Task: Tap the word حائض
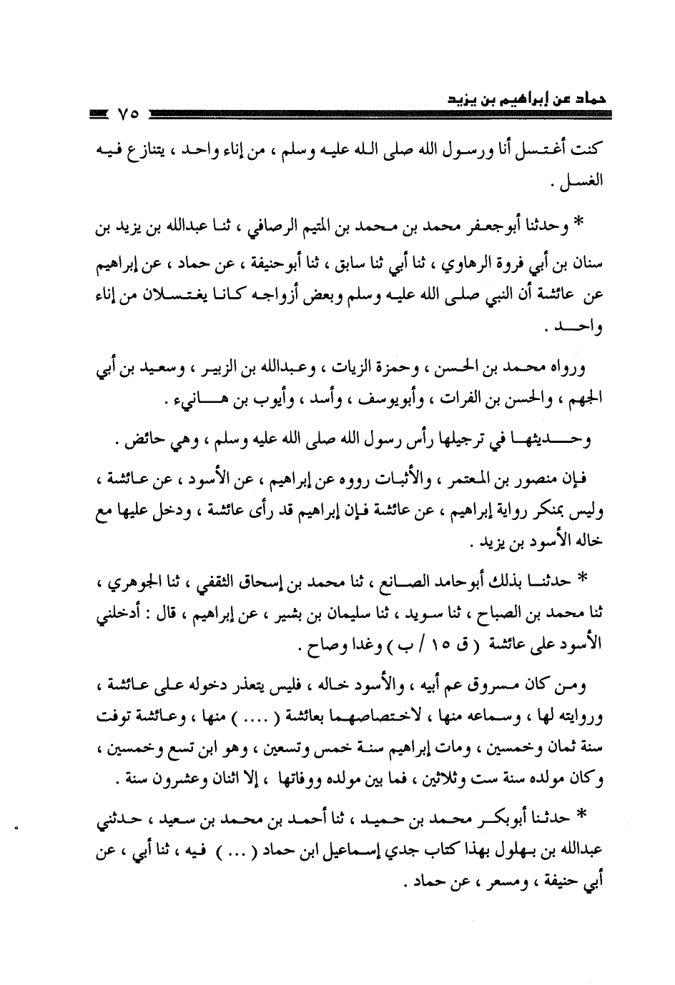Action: point(137,443)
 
